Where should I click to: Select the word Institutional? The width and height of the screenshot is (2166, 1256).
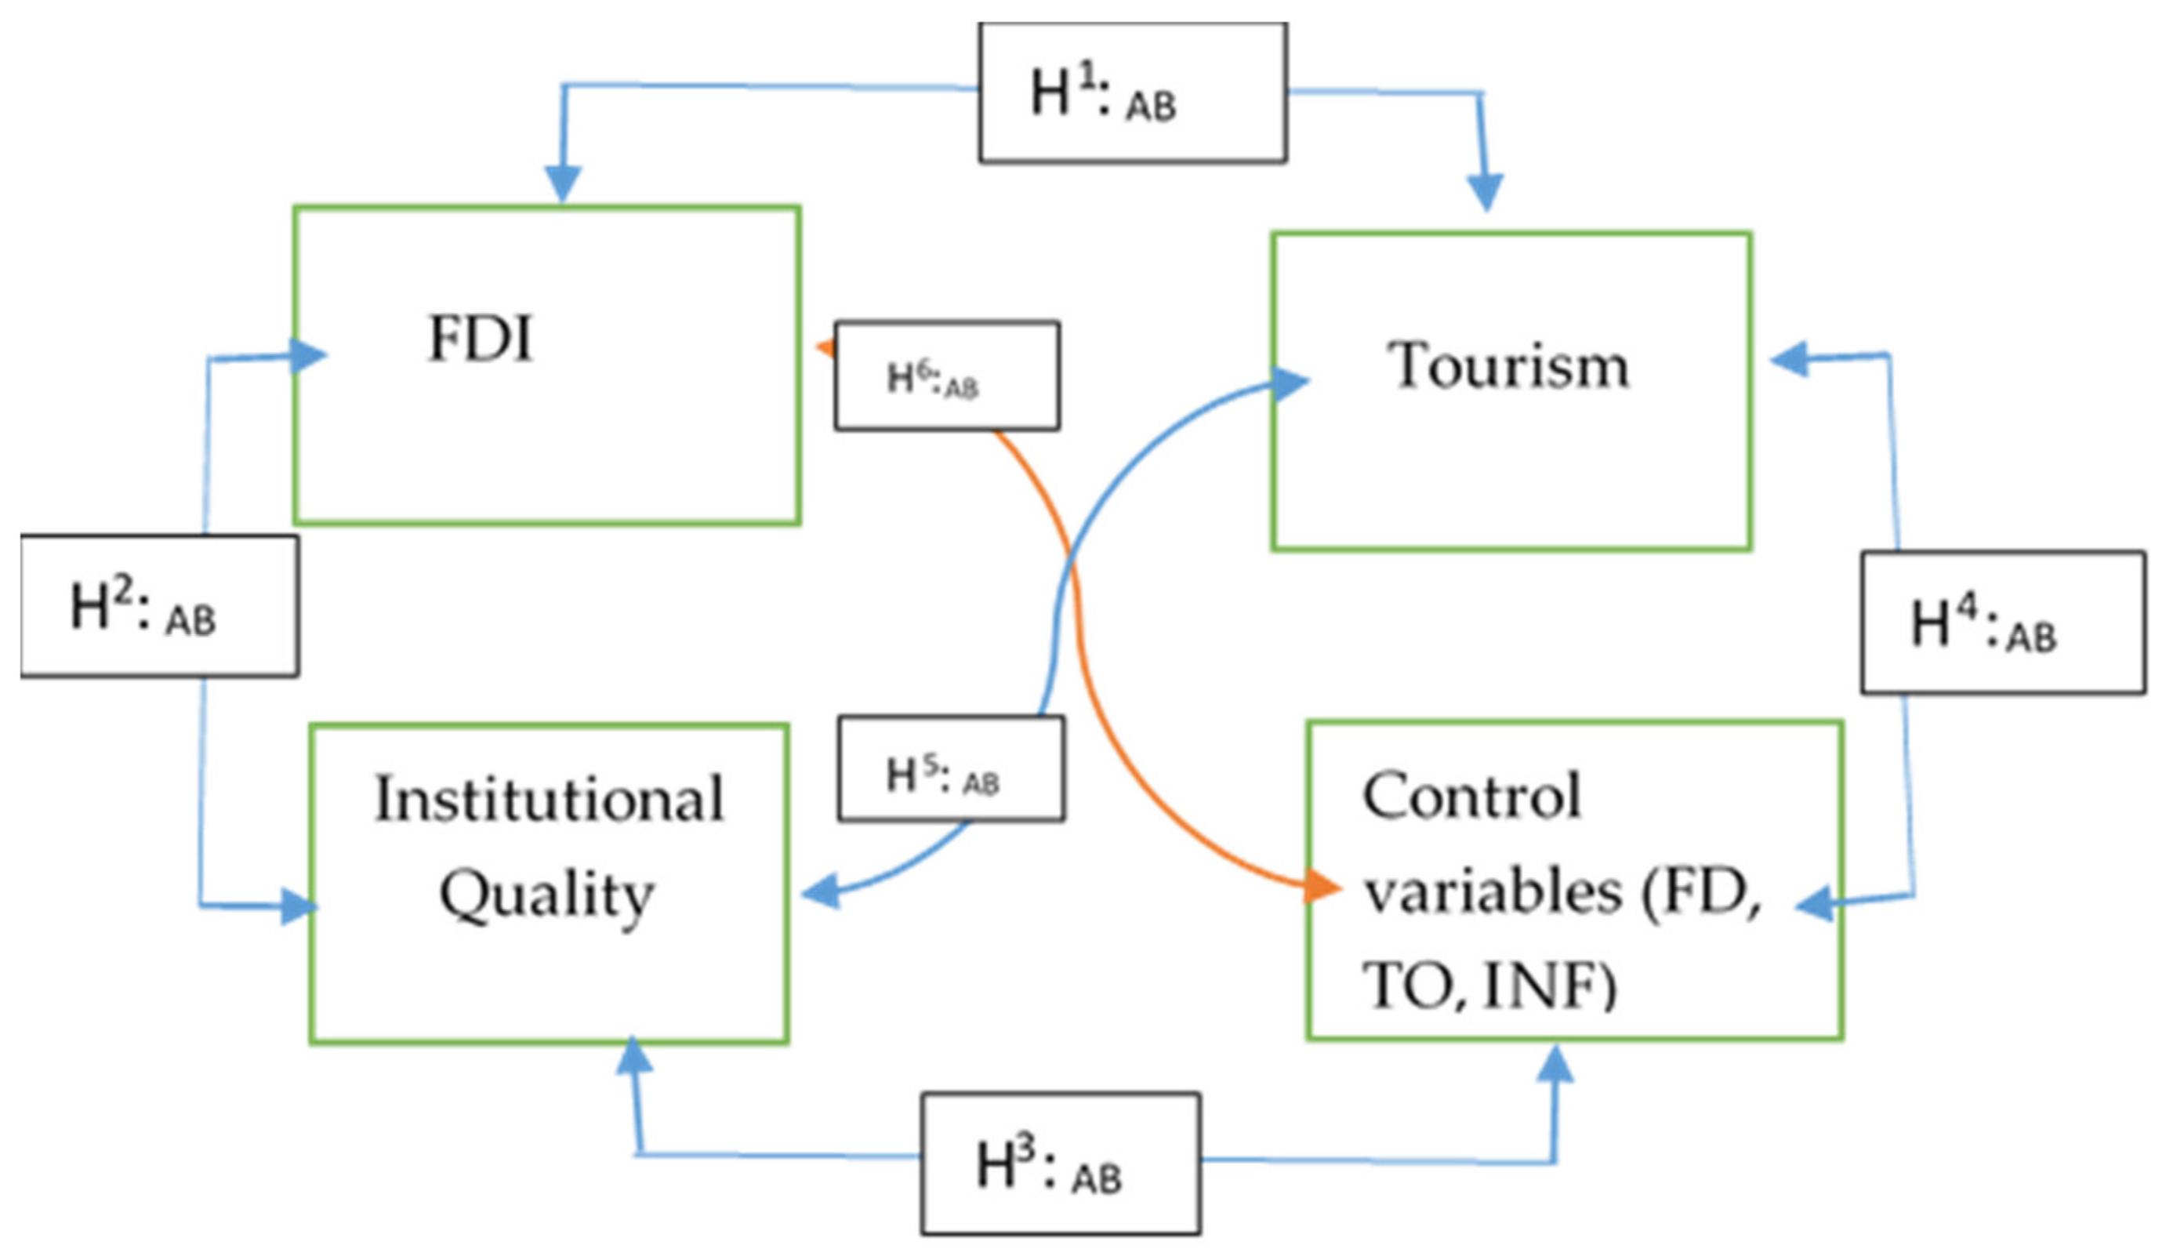pos(550,800)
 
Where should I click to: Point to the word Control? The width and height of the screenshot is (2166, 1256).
pos(1471,796)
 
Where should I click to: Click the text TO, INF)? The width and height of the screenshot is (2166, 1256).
pos(1489,986)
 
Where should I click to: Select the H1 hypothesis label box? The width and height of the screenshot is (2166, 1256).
pos(1132,93)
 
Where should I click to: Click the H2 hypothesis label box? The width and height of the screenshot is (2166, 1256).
pos(160,606)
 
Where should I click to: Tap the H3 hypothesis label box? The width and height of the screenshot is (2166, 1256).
pos(1060,1164)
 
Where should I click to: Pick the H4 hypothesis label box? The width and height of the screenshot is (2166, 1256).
pos(2002,623)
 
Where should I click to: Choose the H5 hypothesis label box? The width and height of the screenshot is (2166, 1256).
pos(951,768)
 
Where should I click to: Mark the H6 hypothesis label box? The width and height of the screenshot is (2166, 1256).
pos(946,376)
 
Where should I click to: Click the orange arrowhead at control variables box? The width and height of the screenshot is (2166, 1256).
pos(1322,887)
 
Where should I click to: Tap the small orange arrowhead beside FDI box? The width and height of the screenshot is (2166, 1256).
pos(826,348)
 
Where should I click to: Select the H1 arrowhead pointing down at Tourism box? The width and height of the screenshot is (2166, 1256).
pos(1485,191)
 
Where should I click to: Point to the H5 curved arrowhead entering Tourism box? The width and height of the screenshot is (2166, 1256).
pos(1289,383)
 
